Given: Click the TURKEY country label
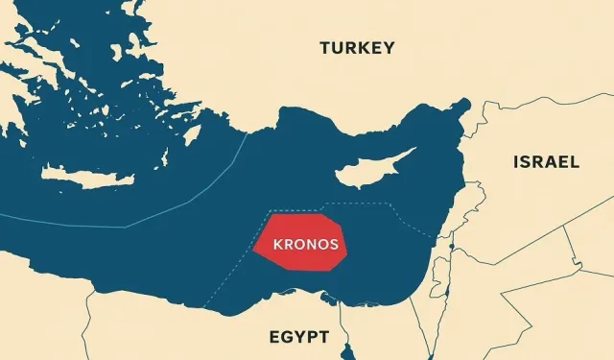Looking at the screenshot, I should coord(356,48).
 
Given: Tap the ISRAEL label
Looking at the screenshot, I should coord(546,161).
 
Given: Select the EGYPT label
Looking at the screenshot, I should coord(297,337).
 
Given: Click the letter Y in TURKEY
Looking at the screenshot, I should coord(388,48).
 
